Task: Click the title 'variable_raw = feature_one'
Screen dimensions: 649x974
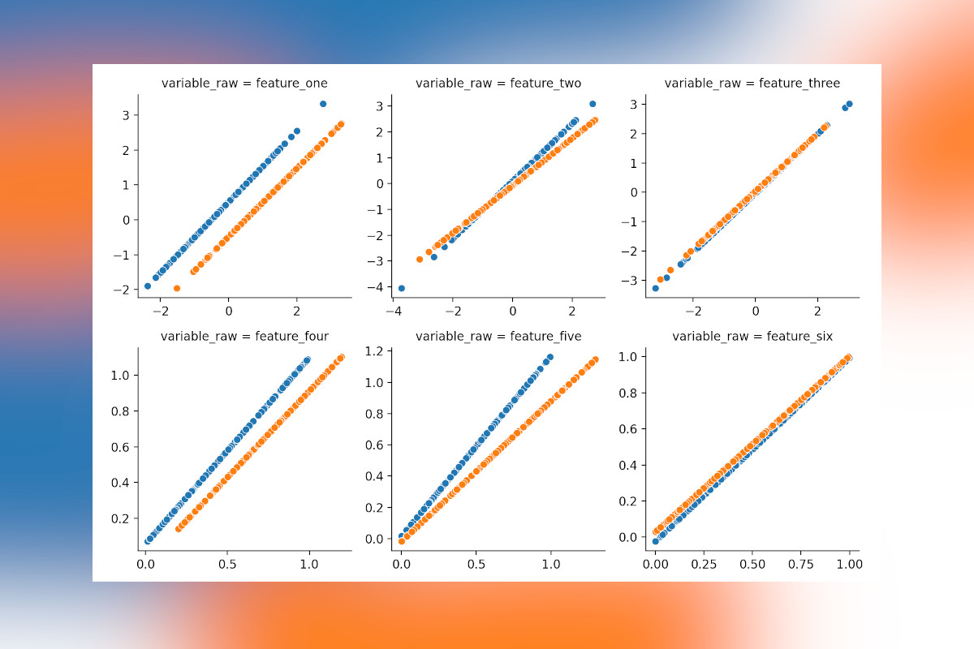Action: coord(244,84)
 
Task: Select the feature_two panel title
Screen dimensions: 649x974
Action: coord(498,84)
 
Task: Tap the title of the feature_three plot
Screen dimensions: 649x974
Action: coord(752,84)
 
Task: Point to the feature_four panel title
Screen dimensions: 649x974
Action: coord(244,336)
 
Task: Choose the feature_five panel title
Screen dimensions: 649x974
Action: coord(498,336)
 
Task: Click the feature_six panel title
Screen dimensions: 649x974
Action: coord(752,336)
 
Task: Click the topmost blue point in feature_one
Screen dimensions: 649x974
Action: coord(323,104)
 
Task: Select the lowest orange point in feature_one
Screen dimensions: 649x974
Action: coord(177,288)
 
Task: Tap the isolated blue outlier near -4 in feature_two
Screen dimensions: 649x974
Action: coord(402,288)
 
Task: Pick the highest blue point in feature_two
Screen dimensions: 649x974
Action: coord(593,104)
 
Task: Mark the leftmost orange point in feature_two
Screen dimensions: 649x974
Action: coord(420,260)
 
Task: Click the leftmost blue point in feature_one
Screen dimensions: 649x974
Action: coord(148,286)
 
